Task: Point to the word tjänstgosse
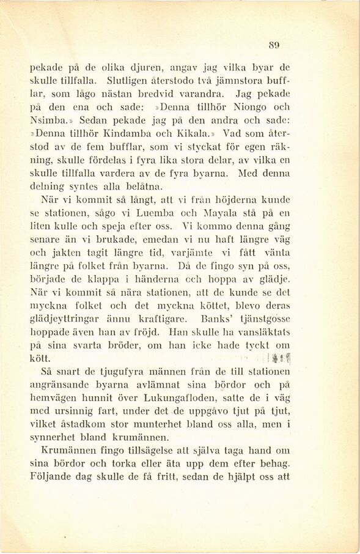pyautogui.click(x=263, y=319)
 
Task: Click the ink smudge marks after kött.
pyautogui.click(x=281, y=359)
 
